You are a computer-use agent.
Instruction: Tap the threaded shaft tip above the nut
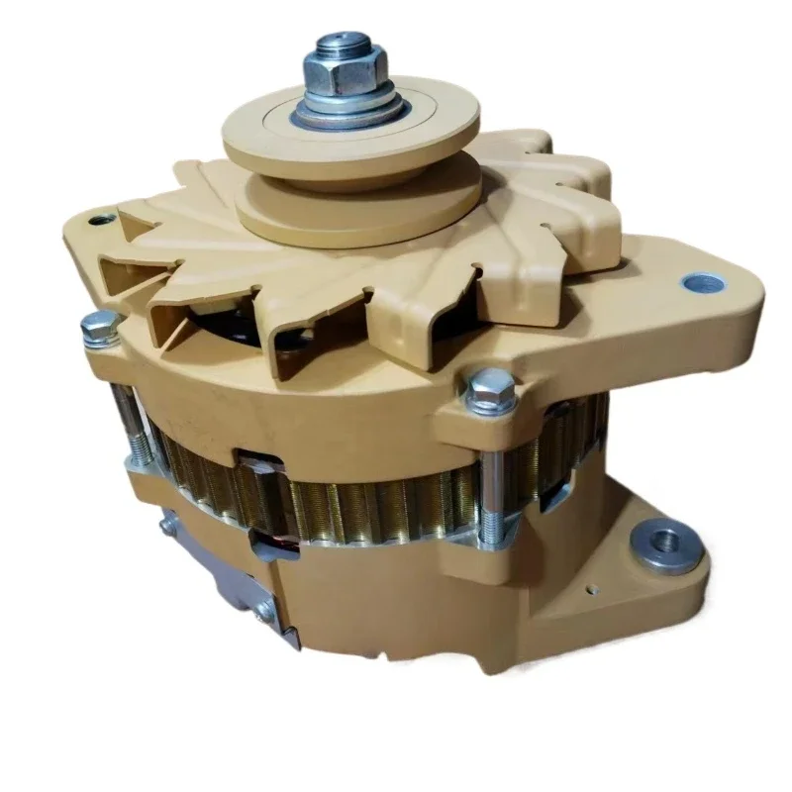tap(341, 44)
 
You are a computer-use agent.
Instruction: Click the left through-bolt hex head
tap(100, 325)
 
